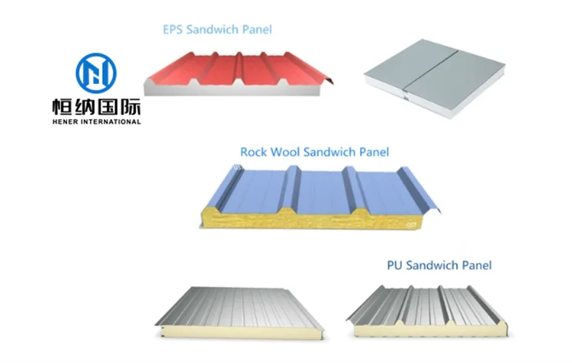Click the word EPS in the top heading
[173, 30]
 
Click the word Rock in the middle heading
[254, 151]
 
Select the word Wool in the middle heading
[286, 151]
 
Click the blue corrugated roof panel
[320, 191]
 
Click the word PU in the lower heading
[395, 265]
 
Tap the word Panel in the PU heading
[474, 265]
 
